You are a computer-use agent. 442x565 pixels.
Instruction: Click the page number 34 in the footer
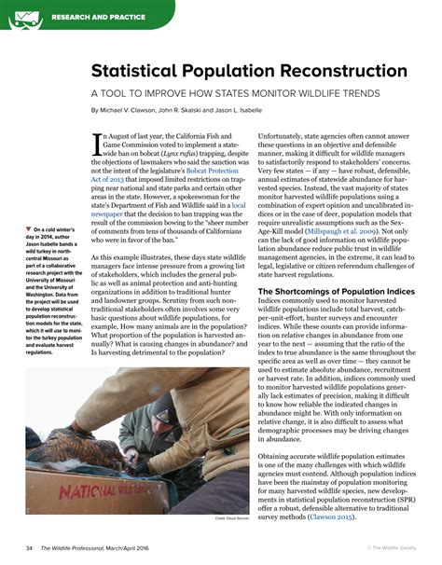pyautogui.click(x=30, y=547)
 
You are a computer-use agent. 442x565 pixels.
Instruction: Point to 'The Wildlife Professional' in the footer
pyautogui.click(x=83, y=547)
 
